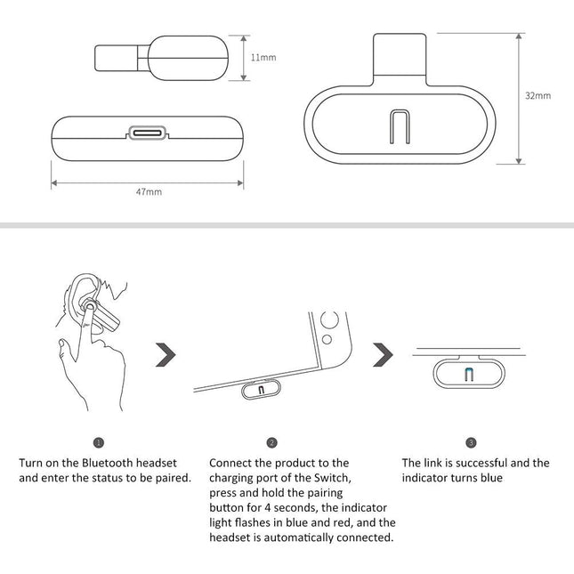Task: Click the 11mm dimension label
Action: pos(263,58)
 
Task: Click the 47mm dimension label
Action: pos(149,190)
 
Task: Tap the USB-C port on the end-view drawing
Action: pos(148,133)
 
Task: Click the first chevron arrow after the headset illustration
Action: pos(165,355)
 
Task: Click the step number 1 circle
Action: pos(98,442)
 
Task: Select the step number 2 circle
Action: pos(271,442)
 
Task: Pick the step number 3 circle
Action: pos(471,442)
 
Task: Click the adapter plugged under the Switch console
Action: pos(261,389)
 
